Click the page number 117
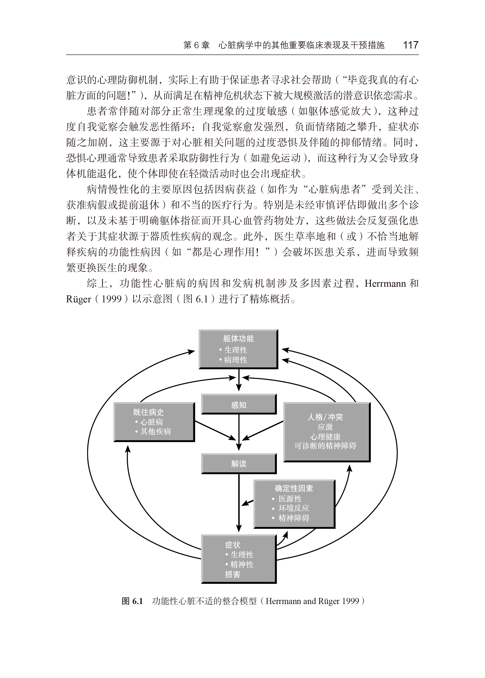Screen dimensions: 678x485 point(411,45)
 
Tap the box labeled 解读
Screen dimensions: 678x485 point(239,464)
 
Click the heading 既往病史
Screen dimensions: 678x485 point(148,412)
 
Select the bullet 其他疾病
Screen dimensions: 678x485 point(155,431)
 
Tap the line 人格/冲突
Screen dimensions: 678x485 point(325,417)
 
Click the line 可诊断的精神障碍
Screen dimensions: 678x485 point(325,446)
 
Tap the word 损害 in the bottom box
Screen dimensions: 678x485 point(233,574)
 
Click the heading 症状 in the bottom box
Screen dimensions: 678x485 point(233,545)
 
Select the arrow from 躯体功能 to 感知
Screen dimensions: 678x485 point(239,380)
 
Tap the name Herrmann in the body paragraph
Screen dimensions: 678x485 point(385,283)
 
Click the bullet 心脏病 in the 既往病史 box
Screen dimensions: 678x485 point(151,422)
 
